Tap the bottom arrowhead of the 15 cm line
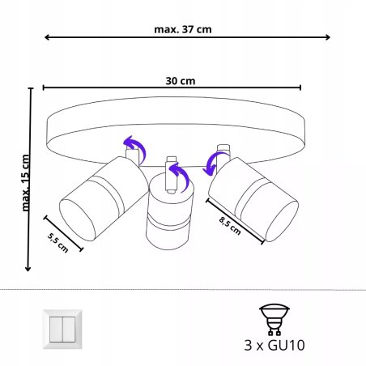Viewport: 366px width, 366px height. (x=30, y=269)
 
